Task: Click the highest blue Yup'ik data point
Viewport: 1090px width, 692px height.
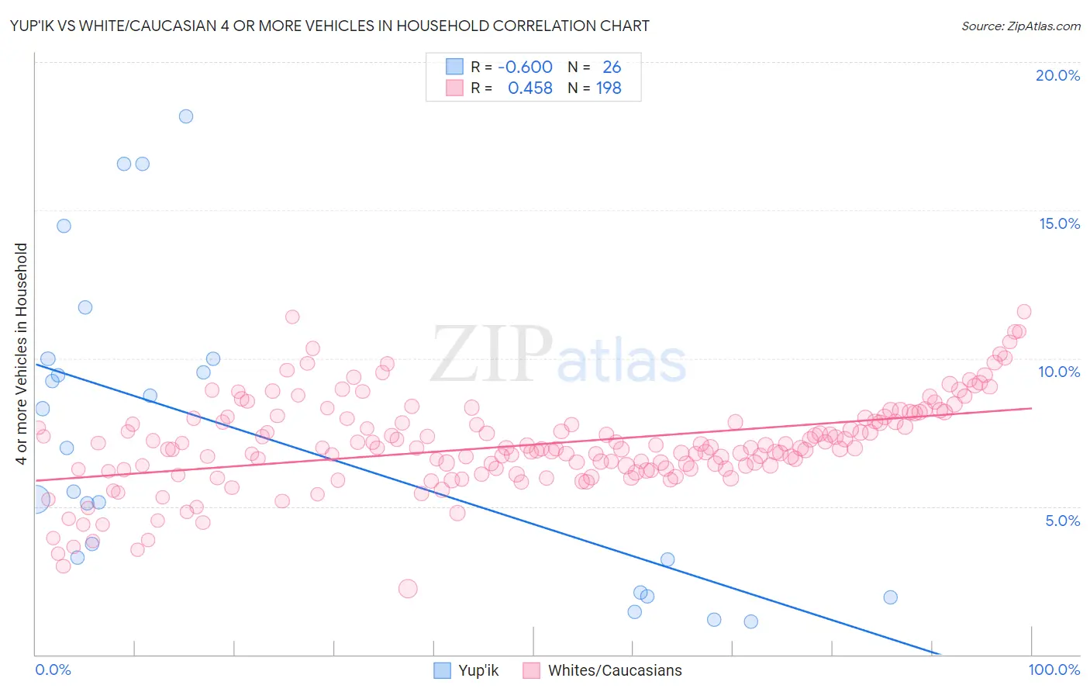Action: click(x=186, y=116)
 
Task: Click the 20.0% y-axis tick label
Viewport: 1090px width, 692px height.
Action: click(x=1057, y=75)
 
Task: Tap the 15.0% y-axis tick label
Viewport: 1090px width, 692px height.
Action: click(x=1059, y=223)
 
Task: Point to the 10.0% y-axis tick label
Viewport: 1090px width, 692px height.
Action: click(x=1059, y=372)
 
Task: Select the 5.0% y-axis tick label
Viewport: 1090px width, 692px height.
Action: click(x=1062, y=521)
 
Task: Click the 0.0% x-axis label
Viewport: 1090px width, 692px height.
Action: click(x=53, y=670)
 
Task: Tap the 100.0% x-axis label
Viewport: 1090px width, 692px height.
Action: click(x=1054, y=670)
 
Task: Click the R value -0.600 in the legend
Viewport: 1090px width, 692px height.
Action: click(x=525, y=67)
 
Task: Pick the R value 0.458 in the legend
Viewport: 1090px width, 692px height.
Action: click(x=529, y=88)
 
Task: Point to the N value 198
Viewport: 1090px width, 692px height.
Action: click(x=609, y=88)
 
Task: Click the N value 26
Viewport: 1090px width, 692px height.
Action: click(x=612, y=67)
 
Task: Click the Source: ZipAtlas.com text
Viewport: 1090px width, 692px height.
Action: click(x=1020, y=26)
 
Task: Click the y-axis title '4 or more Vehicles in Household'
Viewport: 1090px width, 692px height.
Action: click(x=22, y=354)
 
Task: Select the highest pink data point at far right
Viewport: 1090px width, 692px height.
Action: click(x=1023, y=311)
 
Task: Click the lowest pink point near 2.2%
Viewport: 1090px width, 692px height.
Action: click(x=408, y=589)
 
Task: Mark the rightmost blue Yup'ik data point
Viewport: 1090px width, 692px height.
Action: click(x=890, y=597)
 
